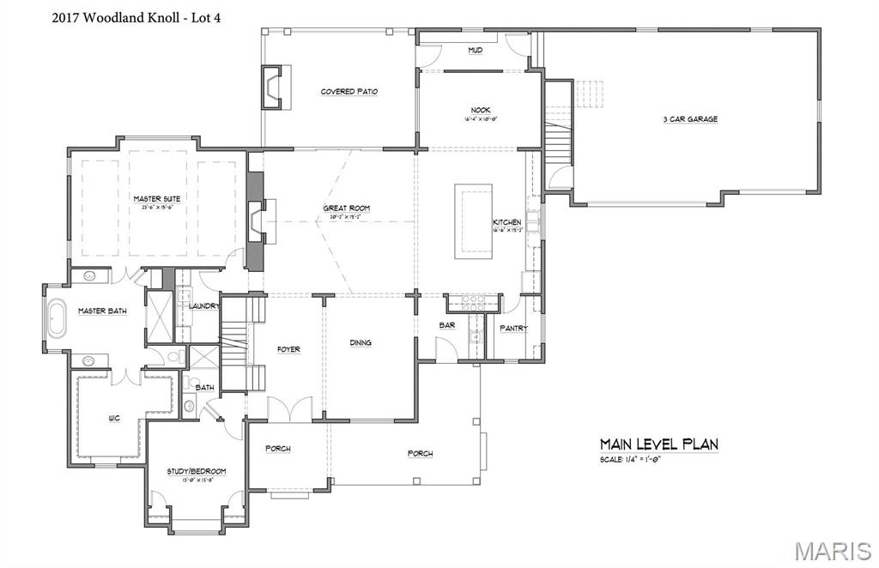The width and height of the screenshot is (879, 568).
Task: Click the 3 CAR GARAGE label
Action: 689,119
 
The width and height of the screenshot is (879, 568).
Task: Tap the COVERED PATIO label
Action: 349,92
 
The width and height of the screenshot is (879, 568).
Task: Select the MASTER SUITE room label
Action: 156,198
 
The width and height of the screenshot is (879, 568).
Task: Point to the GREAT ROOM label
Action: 346,208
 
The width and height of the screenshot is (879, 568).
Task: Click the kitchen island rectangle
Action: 474,220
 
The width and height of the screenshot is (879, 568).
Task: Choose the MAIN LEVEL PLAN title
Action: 658,444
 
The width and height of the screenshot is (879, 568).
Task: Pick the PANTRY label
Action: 514,328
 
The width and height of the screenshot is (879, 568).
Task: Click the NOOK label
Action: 480,110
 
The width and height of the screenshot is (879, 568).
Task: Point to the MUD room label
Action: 475,51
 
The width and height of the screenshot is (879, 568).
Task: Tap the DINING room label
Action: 361,342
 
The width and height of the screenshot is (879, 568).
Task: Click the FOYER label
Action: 288,349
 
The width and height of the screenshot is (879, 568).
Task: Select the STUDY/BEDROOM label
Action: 197,471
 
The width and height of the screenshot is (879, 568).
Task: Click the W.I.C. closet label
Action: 113,419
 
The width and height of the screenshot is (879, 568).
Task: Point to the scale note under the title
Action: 630,461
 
